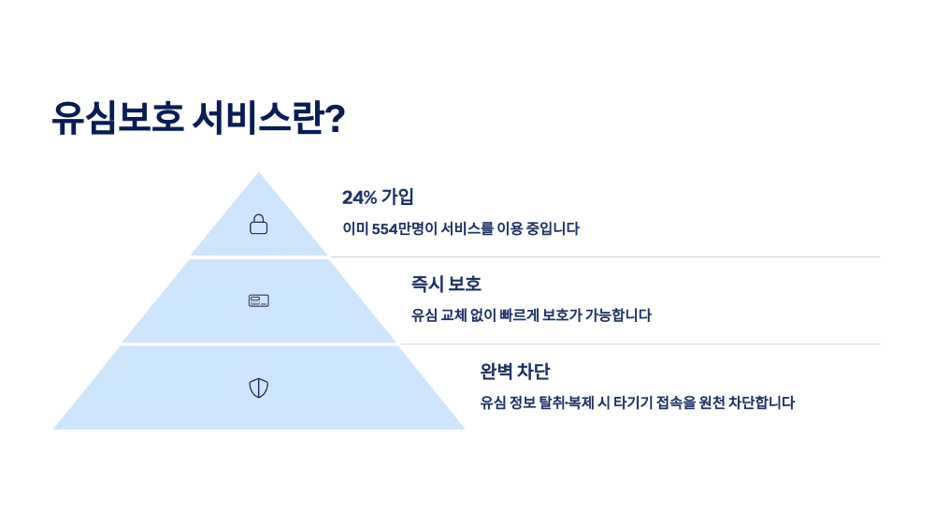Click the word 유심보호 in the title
point(117,119)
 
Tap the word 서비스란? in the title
point(268,119)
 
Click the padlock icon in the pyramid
point(259,224)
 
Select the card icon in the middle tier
point(259,300)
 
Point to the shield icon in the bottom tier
point(259,388)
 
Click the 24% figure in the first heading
point(359,198)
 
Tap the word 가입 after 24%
point(397,198)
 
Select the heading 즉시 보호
point(446,285)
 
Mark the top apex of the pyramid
point(259,173)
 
